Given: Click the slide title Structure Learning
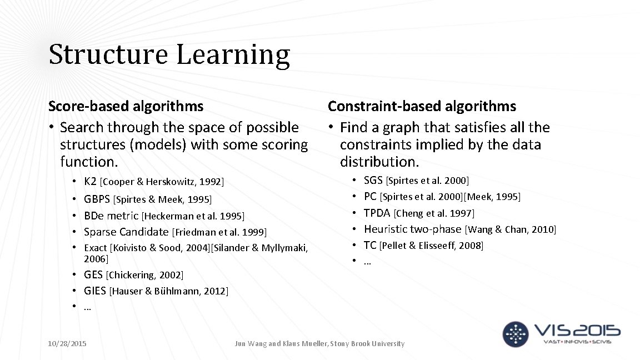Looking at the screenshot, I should pyautogui.click(x=169, y=54).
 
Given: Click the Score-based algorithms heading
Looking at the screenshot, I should pyautogui.click(x=126, y=106).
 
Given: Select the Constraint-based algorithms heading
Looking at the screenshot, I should pyautogui.click(x=422, y=106).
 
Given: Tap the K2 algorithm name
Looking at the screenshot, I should pyautogui.click(x=91, y=182).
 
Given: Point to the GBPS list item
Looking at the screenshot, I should pyautogui.click(x=97, y=199).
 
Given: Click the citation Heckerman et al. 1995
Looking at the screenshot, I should pyautogui.click(x=193, y=216).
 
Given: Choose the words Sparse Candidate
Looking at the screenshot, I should pyautogui.click(x=126, y=232).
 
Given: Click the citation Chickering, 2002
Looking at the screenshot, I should pyautogui.click(x=144, y=275).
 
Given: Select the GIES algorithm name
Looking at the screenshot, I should pyautogui.click(x=95, y=291).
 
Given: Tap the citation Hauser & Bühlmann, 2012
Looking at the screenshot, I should pyautogui.click(x=169, y=291).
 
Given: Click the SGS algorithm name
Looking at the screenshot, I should pyautogui.click(x=373, y=181).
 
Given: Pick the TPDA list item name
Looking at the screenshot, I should pyautogui.click(x=377, y=213).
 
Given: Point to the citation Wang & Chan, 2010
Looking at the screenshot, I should pyautogui.click(x=511, y=229).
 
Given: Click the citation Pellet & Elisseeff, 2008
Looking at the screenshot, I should pyautogui.click(x=431, y=246).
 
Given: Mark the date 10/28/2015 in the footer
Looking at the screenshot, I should pyautogui.click(x=67, y=344).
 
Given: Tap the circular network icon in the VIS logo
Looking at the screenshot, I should pyautogui.click(x=516, y=334).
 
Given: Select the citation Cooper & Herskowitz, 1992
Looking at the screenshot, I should pyautogui.click(x=162, y=182).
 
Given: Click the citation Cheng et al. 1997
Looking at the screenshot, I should pyautogui.click(x=434, y=213).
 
